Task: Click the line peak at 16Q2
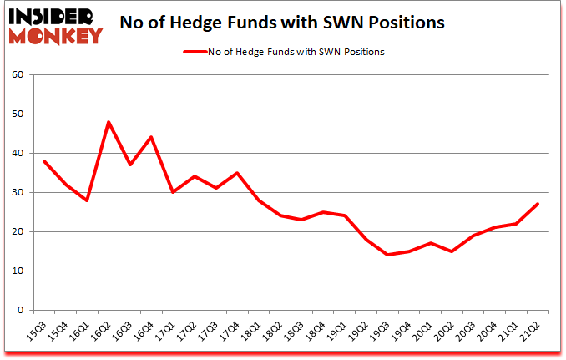109,122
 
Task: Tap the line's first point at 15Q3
43,161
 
